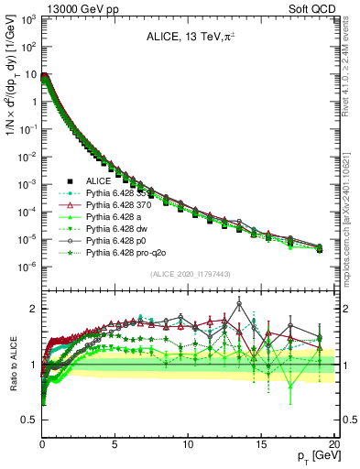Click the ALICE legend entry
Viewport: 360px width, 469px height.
tap(98, 181)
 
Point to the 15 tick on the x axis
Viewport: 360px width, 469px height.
tap(261, 443)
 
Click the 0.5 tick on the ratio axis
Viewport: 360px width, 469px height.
tap(31, 420)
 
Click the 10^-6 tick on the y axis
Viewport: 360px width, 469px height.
tap(28, 267)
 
